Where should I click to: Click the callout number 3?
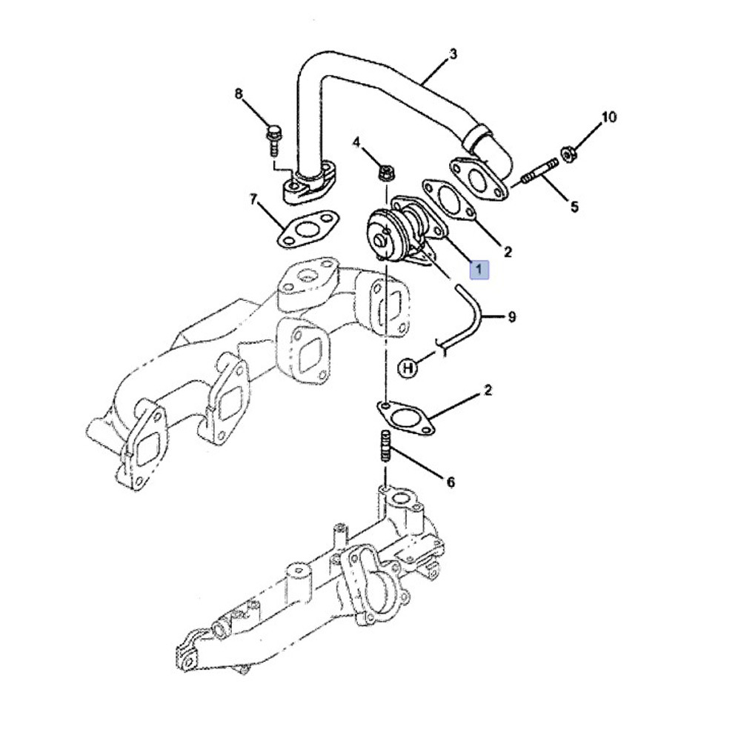pos(453,53)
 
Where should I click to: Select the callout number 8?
pos(239,94)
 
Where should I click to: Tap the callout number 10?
pos(608,117)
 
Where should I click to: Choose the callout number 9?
pos(511,317)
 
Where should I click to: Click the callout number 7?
pos(253,199)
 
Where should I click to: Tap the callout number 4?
pos(356,142)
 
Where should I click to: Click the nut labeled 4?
pos(385,174)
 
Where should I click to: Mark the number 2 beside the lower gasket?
pos(488,389)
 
